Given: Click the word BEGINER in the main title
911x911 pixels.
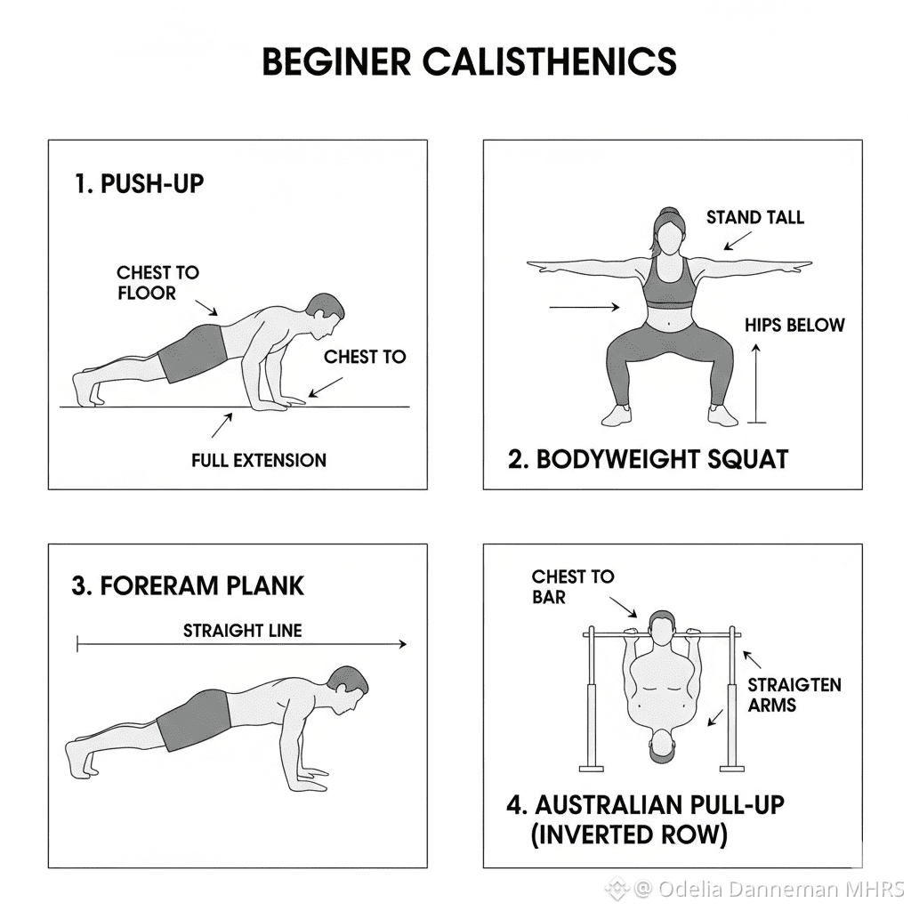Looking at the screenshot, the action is pyautogui.click(x=336, y=61).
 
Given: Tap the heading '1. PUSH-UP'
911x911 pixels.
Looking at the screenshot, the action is pyautogui.click(x=140, y=183).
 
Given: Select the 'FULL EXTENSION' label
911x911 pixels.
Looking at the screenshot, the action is pyautogui.click(x=259, y=460).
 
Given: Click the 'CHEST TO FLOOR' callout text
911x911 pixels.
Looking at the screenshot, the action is pyautogui.click(x=158, y=282).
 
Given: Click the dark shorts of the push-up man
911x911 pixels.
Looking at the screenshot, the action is pyautogui.click(x=193, y=353).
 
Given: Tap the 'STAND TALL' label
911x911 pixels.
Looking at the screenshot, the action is pyautogui.click(x=755, y=217).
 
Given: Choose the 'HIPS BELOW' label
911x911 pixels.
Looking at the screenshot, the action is pyautogui.click(x=794, y=325).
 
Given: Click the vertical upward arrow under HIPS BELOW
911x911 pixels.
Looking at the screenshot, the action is pyautogui.click(x=756, y=383).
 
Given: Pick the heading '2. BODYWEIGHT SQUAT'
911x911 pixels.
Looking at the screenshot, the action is pyautogui.click(x=648, y=459).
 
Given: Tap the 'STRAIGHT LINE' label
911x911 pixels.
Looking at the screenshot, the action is pyautogui.click(x=243, y=631).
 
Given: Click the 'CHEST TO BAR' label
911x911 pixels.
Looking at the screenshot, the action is pyautogui.click(x=573, y=586).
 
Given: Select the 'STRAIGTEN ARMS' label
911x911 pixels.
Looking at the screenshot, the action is pyautogui.click(x=794, y=695).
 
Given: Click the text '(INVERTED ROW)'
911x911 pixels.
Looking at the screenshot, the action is pyautogui.click(x=629, y=834).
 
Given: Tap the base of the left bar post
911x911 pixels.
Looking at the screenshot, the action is pyautogui.click(x=592, y=768).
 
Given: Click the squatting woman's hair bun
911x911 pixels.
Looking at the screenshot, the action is pyautogui.click(x=669, y=212).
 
